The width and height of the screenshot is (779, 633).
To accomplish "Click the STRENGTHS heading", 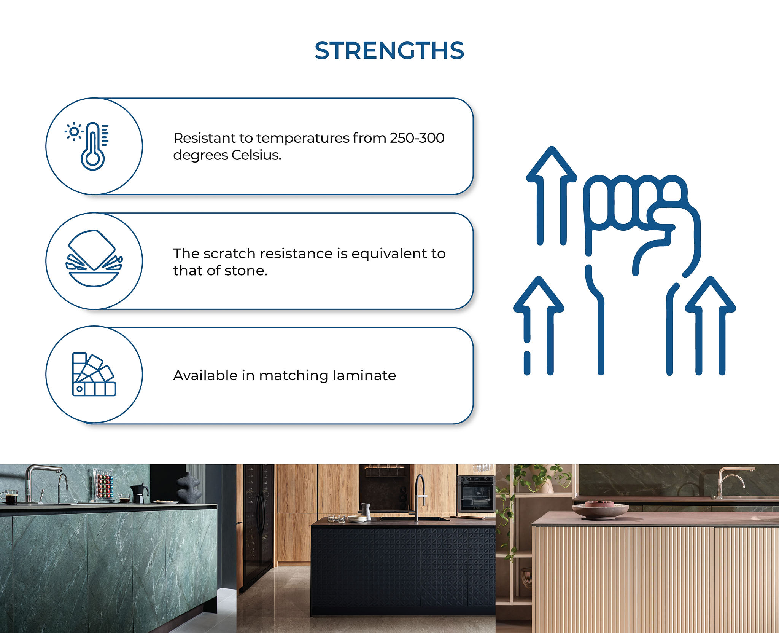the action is (389, 51).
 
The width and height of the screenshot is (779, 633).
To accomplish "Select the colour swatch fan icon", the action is (94, 374).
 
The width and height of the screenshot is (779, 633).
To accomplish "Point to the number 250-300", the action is (417, 138).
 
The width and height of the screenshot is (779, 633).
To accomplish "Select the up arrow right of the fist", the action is (710, 325).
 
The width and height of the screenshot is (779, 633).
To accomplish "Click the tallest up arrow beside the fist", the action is (552, 195).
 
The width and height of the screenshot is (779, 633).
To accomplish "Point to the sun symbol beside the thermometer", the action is (74, 132).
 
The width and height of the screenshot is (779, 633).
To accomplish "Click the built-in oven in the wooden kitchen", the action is (476, 493).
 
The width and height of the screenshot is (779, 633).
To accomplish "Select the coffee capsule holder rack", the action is (103, 485).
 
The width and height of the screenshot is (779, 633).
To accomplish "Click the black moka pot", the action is (138, 493).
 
